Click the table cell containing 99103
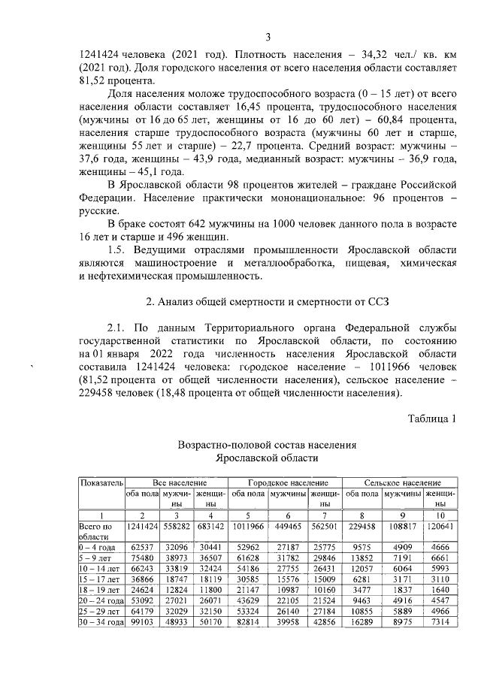[142, 623]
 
